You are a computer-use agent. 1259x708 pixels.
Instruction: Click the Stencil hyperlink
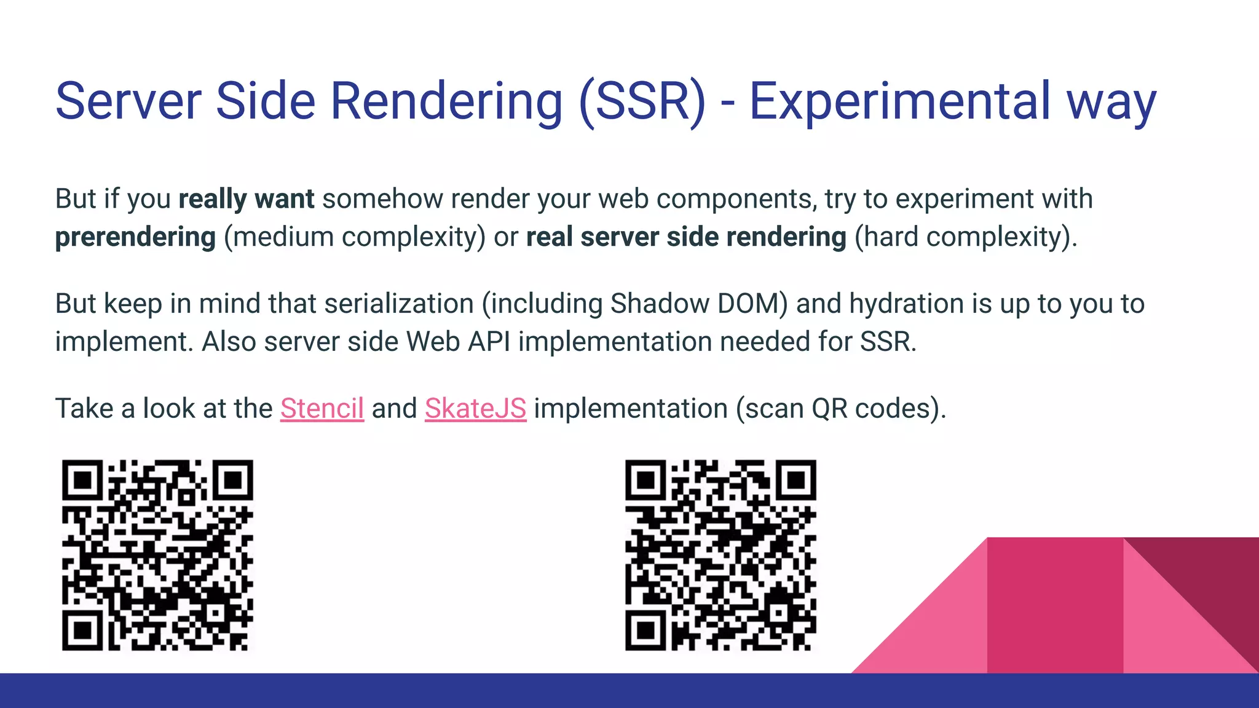pos(322,409)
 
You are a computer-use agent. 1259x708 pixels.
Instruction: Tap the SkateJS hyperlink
pos(475,409)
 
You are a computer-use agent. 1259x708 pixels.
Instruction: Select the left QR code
pos(157,555)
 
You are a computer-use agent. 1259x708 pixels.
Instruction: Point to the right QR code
pos(720,555)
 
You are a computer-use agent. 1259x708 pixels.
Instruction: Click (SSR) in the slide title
pos(642,101)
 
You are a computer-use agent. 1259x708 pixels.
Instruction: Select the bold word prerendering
pos(135,237)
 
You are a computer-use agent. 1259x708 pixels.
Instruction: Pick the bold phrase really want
pos(246,199)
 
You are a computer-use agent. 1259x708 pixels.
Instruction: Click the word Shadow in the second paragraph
pos(660,304)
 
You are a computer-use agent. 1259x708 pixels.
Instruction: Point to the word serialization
pos(399,304)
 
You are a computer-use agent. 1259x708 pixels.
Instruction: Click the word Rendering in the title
pos(446,101)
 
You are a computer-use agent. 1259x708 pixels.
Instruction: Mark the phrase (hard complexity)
pos(966,237)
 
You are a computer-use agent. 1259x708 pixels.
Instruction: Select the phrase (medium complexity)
pos(355,237)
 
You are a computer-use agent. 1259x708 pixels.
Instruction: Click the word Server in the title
pos(128,101)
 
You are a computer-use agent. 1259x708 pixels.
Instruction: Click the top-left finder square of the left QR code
pos(82,479)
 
